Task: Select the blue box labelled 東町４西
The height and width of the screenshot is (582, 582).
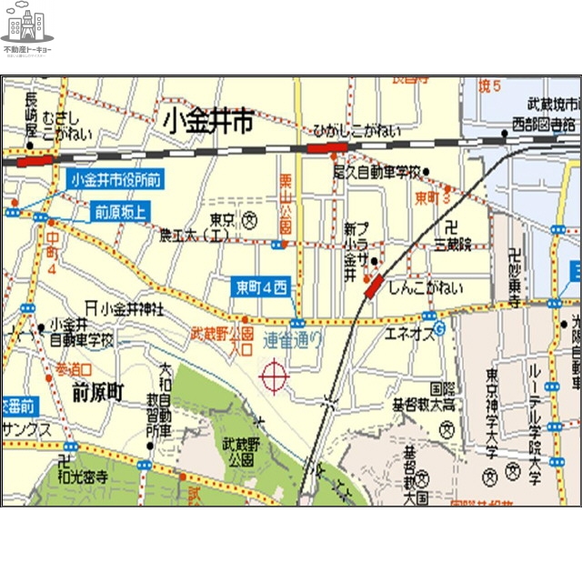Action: [x=261, y=288]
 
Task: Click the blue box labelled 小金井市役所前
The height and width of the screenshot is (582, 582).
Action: [x=115, y=180]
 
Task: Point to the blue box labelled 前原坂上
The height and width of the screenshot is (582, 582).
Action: [x=120, y=213]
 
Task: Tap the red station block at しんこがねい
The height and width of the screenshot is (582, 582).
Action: [x=375, y=286]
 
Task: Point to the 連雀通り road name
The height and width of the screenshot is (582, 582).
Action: [x=293, y=342]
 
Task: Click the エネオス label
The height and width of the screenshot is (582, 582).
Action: [x=408, y=334]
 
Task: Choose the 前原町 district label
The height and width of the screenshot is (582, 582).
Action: [x=96, y=393]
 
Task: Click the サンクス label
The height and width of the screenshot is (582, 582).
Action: [x=25, y=429]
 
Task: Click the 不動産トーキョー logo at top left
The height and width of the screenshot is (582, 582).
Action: [x=27, y=34]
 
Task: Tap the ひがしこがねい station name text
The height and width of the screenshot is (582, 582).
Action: [x=356, y=131]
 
